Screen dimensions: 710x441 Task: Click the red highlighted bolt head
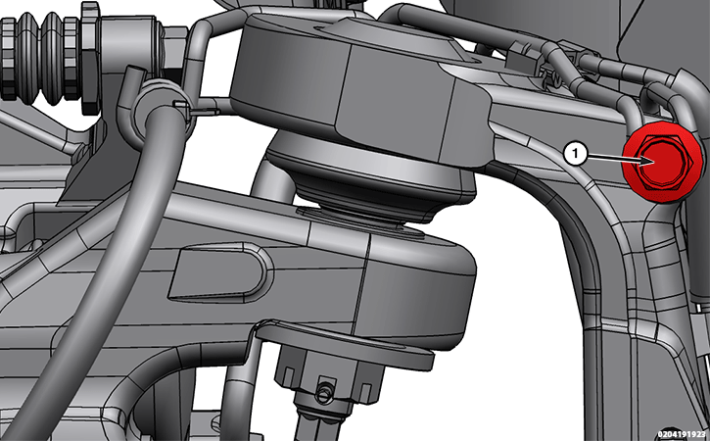[662, 163]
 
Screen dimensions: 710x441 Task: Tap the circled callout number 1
[576, 154]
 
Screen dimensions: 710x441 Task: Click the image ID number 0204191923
[683, 434]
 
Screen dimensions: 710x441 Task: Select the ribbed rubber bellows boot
[40, 57]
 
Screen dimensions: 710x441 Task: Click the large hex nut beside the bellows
[90, 59]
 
